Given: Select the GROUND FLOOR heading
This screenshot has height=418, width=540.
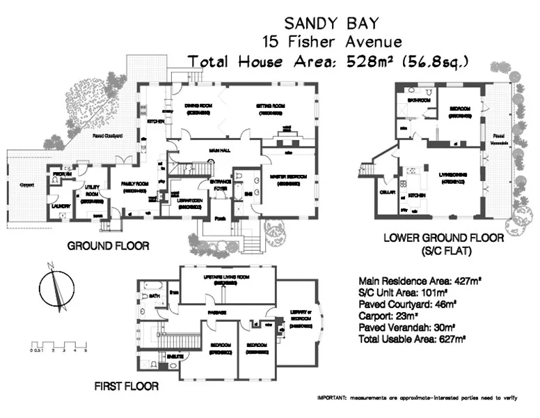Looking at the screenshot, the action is (108, 245).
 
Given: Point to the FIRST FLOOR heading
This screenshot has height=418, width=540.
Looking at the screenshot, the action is (126, 385).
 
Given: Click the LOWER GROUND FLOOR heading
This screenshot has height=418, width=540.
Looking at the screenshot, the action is (443, 238).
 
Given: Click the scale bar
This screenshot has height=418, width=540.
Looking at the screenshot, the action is (58, 345).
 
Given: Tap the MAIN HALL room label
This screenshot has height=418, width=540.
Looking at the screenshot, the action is (221, 150).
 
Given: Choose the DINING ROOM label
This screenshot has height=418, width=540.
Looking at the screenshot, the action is (197, 107).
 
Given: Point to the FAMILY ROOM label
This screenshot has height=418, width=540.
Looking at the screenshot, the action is (134, 185).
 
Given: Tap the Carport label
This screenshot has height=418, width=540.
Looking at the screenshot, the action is (27, 185).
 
